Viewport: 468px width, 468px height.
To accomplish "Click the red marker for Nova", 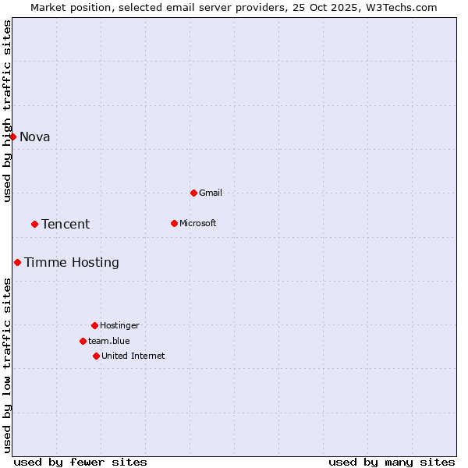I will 12,136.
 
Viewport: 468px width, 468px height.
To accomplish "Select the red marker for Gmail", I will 193,193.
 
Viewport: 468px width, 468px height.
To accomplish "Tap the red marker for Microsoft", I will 174,223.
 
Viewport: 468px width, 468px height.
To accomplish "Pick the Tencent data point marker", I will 34,224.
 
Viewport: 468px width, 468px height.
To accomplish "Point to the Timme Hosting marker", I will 17,262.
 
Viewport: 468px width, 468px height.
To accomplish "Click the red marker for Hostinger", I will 94,325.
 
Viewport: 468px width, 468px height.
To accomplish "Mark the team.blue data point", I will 83,341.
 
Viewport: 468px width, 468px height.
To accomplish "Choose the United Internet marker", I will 96,356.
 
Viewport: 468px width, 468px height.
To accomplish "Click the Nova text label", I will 35,137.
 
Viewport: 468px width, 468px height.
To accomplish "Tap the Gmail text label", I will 211,193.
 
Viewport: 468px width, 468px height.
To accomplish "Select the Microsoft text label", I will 198,223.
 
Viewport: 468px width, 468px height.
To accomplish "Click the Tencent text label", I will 66,225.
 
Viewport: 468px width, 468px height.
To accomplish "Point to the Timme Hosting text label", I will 72,263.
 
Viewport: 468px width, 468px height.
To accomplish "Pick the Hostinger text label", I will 119,325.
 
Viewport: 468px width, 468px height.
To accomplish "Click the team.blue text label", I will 109,341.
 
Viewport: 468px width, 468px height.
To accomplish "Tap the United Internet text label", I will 133,356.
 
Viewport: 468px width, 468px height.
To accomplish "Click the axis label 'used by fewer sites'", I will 80,462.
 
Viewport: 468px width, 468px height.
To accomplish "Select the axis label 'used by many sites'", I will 392,462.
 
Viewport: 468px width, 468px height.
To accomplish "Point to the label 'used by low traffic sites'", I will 8,365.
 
